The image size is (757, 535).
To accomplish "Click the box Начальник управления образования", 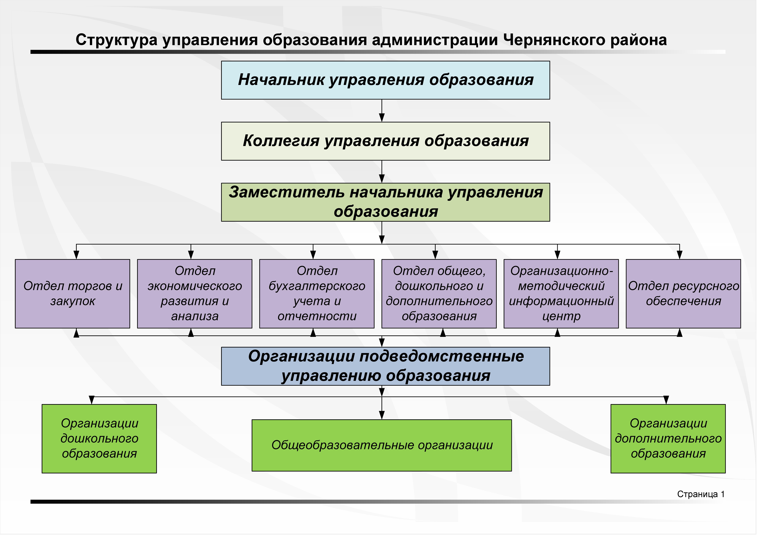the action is coord(385,80).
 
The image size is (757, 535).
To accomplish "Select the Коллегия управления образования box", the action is coord(385,141).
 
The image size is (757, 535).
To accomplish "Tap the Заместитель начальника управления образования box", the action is coord(385,202).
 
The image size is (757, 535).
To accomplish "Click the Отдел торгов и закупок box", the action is coord(73,294).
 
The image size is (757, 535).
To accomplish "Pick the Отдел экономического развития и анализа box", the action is coord(195,294).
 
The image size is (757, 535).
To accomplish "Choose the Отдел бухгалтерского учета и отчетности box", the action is coord(317,294).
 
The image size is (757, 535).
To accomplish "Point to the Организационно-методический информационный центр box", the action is coord(561,294).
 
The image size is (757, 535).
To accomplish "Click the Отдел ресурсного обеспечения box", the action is coord(684,294).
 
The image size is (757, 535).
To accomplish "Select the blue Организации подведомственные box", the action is coord(385,366).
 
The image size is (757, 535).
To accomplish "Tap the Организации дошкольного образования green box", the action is coord(99,438).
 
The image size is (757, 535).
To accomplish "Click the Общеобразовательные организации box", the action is coord(382,445).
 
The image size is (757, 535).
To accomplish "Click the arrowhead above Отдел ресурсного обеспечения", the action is coord(680,255).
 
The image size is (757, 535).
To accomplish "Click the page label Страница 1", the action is coord(701,494).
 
